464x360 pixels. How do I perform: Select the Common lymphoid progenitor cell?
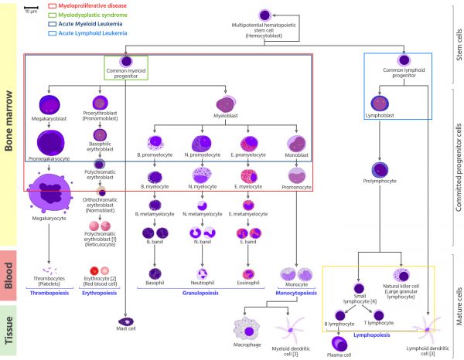click(403, 60)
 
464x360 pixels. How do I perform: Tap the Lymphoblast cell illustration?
click(379, 103)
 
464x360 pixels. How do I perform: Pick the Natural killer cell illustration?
click(402, 275)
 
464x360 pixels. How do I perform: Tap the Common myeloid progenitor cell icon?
click(125, 62)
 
